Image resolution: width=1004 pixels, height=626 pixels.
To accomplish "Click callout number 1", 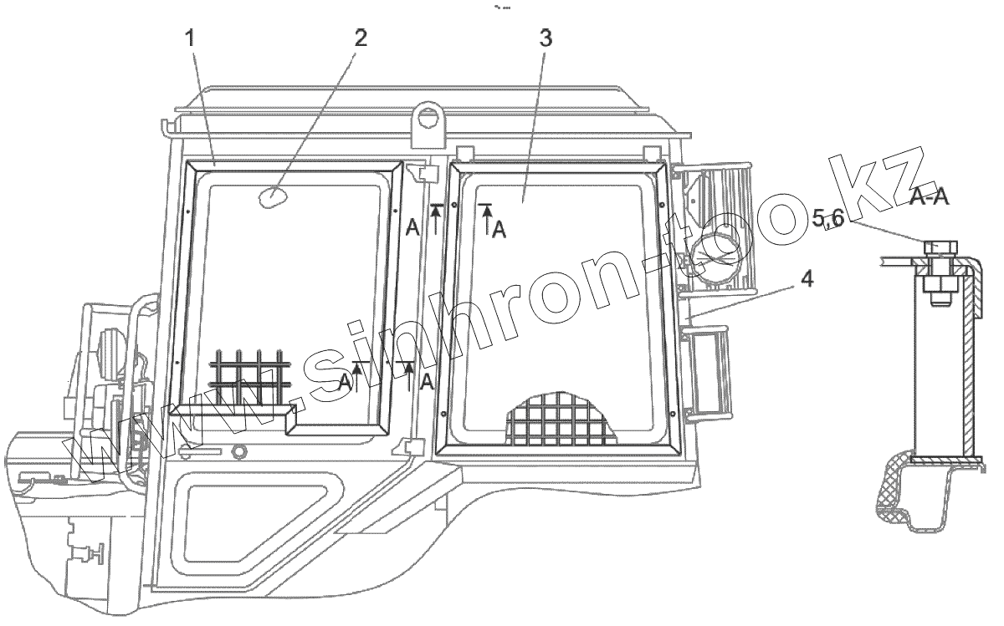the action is coord(191,38).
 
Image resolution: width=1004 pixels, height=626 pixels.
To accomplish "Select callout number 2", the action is coord(361,38).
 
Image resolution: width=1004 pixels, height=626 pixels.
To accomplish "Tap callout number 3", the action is coord(546,38).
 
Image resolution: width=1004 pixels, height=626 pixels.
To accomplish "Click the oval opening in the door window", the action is coord(271,197).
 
